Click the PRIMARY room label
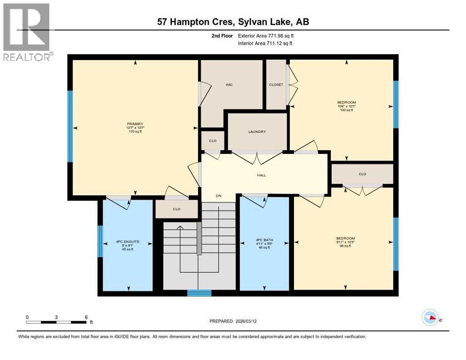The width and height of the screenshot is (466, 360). pos(135,124)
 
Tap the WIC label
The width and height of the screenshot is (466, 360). pos(229,85)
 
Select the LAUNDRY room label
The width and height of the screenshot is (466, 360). pos(257,132)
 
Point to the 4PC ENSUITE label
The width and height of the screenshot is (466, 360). pos(128,241)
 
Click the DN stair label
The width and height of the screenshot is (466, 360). pos(218,196)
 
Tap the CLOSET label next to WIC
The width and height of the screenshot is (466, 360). pos(276,85)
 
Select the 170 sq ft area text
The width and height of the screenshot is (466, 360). pos(135,132)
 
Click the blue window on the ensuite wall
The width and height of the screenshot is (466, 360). pos(100,241)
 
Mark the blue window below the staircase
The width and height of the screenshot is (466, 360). pos(199,293)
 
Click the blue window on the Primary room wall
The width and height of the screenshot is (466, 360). pos(70,126)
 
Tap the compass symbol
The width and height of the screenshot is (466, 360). pos(429,317)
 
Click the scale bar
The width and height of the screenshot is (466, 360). pos(56,322)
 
